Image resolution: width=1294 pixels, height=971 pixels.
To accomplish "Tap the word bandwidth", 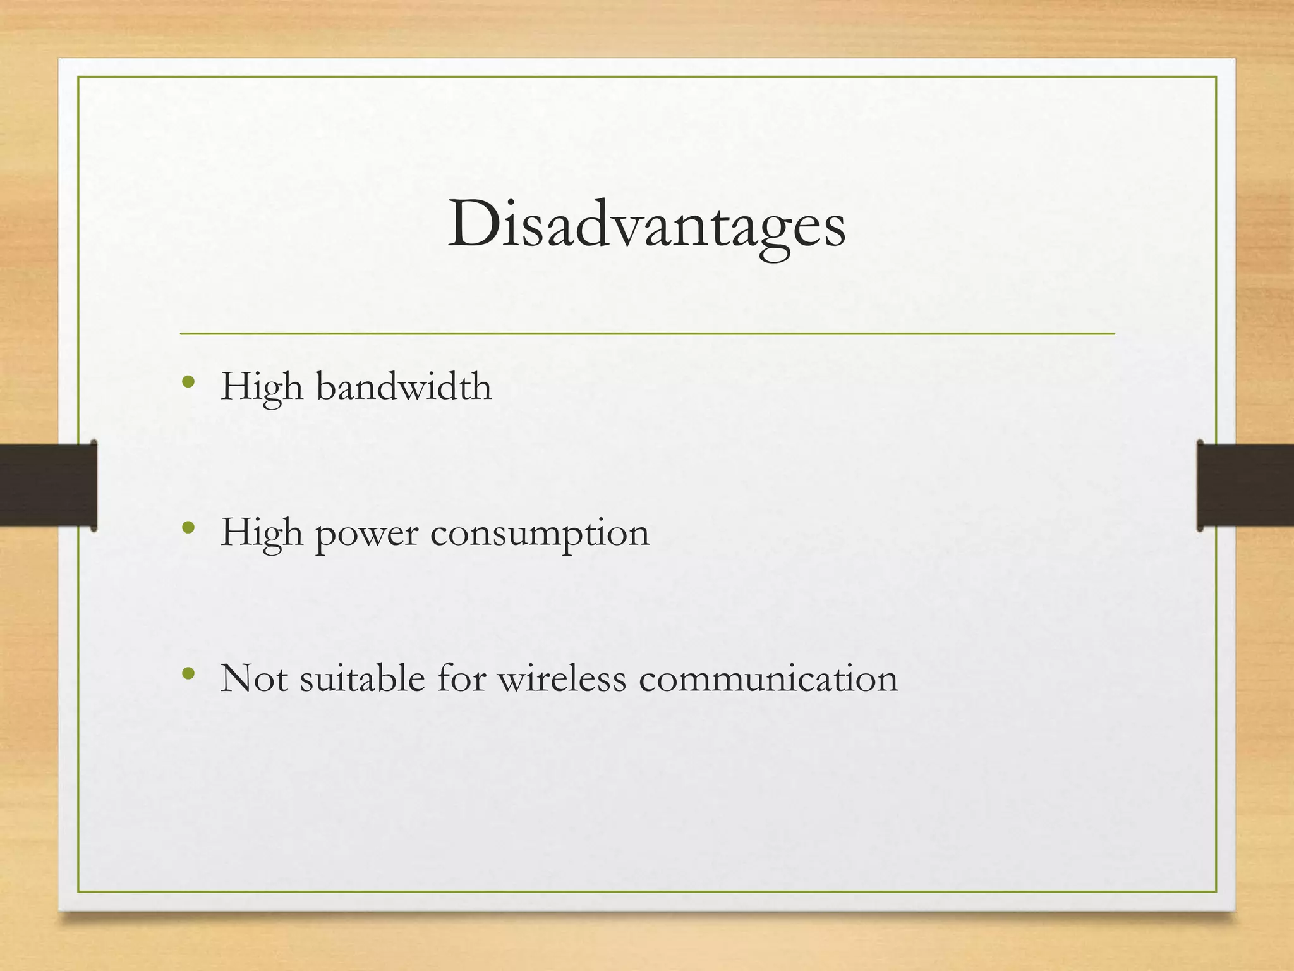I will (x=404, y=386).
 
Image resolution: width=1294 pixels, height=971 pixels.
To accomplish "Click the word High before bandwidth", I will (x=261, y=386).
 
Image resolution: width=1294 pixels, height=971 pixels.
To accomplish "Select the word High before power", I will (x=261, y=533).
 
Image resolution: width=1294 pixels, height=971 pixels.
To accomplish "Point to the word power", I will (x=366, y=534).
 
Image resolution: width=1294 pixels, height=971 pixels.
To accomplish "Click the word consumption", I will (x=540, y=534).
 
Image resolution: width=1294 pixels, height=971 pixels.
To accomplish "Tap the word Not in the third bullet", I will (x=253, y=679).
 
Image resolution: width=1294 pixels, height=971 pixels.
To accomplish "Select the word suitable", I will (x=362, y=679).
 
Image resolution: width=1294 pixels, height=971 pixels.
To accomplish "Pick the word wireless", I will (x=562, y=679).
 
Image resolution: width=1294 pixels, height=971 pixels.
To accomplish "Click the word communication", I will (x=768, y=679).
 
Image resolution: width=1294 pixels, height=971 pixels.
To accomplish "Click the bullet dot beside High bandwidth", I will (x=188, y=382).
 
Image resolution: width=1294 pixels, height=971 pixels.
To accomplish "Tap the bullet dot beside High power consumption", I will (x=188, y=528).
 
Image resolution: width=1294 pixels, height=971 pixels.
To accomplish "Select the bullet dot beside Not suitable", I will (x=188, y=674).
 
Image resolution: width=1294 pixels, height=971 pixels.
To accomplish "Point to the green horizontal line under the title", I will (x=647, y=333).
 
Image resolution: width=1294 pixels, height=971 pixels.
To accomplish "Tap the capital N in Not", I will (x=237, y=679).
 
